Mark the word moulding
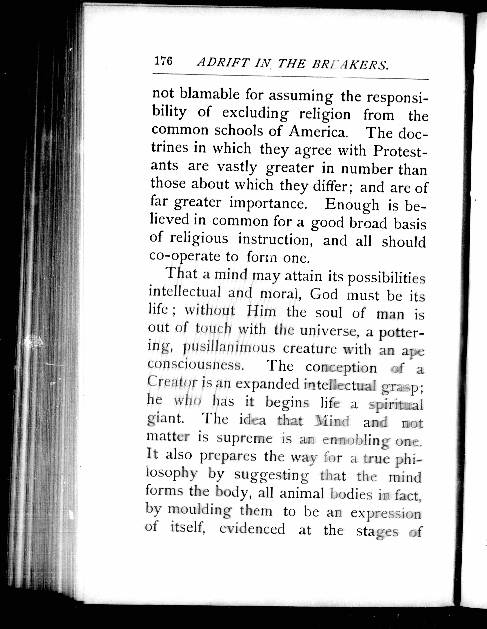click(x=199, y=511)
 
